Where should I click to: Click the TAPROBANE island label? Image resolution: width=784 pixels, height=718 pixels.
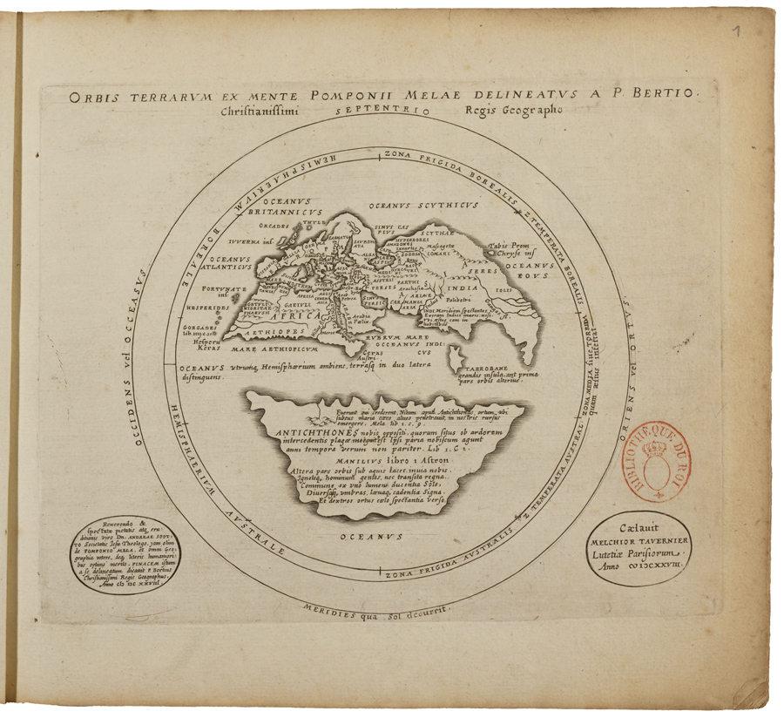[x=470, y=368]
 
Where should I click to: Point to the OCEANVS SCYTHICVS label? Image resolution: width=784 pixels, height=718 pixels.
[x=423, y=206]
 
